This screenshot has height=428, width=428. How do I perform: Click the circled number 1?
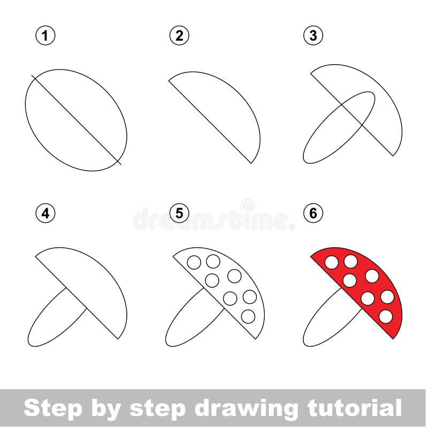coord(46,36)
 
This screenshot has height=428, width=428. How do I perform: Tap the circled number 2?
coord(180,36)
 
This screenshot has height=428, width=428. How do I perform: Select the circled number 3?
coord(314,36)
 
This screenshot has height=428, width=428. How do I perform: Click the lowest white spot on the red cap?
coord(385,316)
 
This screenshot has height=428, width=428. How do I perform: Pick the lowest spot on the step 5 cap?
coord(248,316)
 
